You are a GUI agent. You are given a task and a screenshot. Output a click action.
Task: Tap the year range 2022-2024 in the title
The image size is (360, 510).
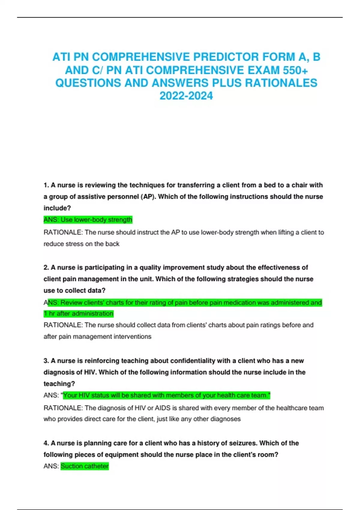point(186,96)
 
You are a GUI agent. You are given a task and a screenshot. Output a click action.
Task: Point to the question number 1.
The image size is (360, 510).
point(46,185)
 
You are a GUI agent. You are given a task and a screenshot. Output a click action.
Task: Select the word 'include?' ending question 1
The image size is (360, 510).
point(57,208)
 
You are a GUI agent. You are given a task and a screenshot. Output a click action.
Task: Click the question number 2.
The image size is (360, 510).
point(46,267)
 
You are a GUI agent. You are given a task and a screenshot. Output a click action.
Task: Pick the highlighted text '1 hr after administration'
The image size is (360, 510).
point(79,314)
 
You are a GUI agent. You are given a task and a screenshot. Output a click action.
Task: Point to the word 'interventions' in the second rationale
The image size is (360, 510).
point(132,337)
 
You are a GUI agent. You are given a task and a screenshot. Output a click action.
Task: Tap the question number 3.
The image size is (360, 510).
point(46,361)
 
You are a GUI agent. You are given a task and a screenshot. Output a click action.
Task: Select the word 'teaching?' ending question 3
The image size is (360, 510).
point(59,384)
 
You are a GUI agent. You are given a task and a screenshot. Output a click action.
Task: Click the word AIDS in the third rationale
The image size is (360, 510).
point(162,408)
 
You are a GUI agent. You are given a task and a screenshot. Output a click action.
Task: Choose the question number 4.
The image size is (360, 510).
point(46,443)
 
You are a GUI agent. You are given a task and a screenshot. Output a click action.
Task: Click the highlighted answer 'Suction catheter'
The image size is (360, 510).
point(85,466)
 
